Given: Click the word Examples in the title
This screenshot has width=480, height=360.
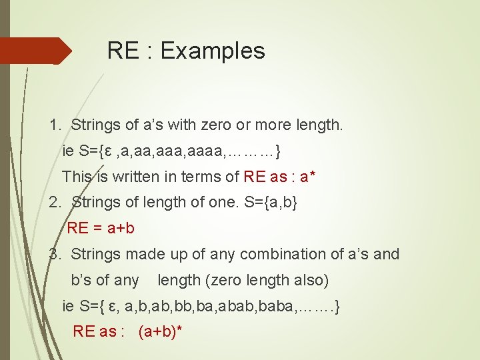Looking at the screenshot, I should (213, 51).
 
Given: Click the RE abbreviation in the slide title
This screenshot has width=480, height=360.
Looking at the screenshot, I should (123, 51).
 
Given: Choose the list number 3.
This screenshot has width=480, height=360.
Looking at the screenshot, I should (55, 254).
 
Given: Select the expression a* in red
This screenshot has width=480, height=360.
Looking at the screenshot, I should (307, 177).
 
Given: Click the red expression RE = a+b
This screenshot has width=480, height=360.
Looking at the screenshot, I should (101, 228).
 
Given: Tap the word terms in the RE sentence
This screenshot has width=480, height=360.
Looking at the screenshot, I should (195, 177).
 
